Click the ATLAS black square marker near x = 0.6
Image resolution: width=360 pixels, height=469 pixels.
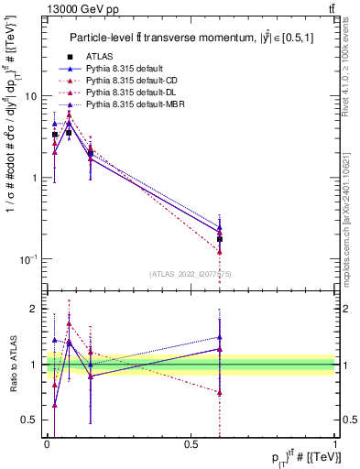(x=220, y=239)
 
